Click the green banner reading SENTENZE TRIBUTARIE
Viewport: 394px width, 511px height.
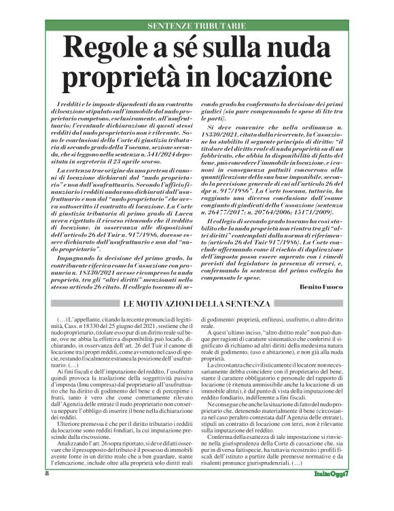pos(196,25)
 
